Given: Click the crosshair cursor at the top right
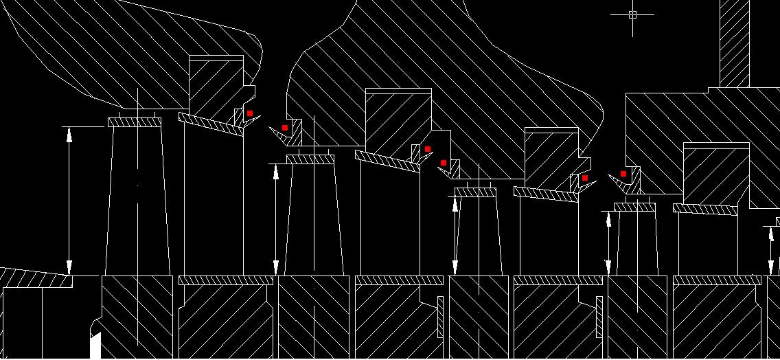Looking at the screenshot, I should pos(632,14).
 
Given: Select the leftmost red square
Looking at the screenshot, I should pos(250,113).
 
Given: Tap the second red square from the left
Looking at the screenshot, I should pos(285,128).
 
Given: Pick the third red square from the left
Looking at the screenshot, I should pos(428,149).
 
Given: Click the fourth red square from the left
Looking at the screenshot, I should pos(444,163).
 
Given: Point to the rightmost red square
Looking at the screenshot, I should pos(623,174).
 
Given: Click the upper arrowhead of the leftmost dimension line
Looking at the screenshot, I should pos(69,134).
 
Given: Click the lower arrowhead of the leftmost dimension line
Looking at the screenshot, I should pos(69,268).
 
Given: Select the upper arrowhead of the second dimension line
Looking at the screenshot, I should pos(276,171).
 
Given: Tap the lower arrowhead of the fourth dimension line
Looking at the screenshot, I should pos(608,268).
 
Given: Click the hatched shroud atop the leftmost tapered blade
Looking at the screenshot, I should pos(135,122).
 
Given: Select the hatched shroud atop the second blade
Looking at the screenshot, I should pos(310,159).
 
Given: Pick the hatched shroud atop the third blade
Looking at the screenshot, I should pos(475,193).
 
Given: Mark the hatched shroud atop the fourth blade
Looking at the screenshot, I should pos(634,207).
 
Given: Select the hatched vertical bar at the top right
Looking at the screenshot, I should pos(735,41).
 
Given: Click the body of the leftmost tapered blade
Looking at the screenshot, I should pos(137,206).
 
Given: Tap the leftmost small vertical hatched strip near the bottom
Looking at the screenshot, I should pos(440,317).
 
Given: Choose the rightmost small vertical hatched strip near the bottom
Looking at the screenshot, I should pos(599,317).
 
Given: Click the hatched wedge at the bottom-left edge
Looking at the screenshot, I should pos(34,278).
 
